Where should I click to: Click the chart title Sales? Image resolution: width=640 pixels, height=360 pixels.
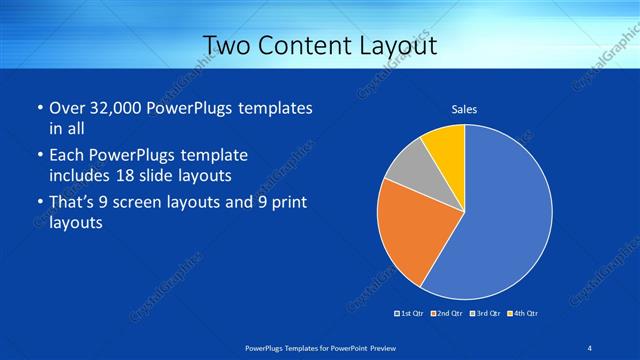(464, 109)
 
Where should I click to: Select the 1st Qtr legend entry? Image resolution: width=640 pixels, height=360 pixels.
(410, 314)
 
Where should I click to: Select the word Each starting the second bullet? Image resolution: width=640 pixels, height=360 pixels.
(66, 155)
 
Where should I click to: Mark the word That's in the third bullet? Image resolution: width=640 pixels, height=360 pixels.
(74, 203)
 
